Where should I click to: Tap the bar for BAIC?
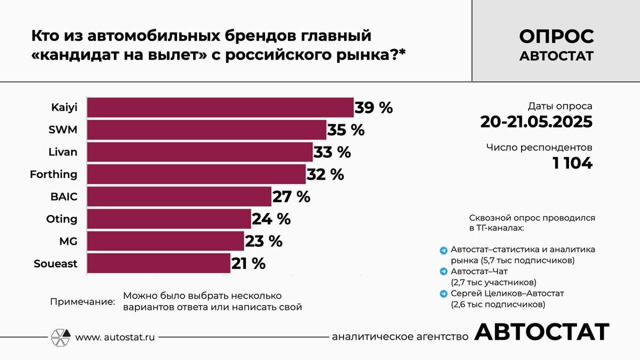point(179,196)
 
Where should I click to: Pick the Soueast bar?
point(158,263)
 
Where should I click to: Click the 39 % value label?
point(374,108)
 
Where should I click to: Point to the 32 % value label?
point(325,174)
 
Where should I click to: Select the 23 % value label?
point(263,241)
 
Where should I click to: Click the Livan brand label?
point(62,152)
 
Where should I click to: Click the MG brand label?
point(68,241)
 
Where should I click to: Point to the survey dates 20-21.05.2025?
point(536,122)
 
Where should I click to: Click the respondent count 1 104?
point(572,163)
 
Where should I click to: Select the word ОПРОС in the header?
point(556,37)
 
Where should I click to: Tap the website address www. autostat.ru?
point(115,337)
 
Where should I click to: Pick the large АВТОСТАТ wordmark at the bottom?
point(541,332)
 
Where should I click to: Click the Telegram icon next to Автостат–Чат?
point(443,271)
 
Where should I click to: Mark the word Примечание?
point(82,301)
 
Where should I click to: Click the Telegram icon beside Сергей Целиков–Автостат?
point(443,293)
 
